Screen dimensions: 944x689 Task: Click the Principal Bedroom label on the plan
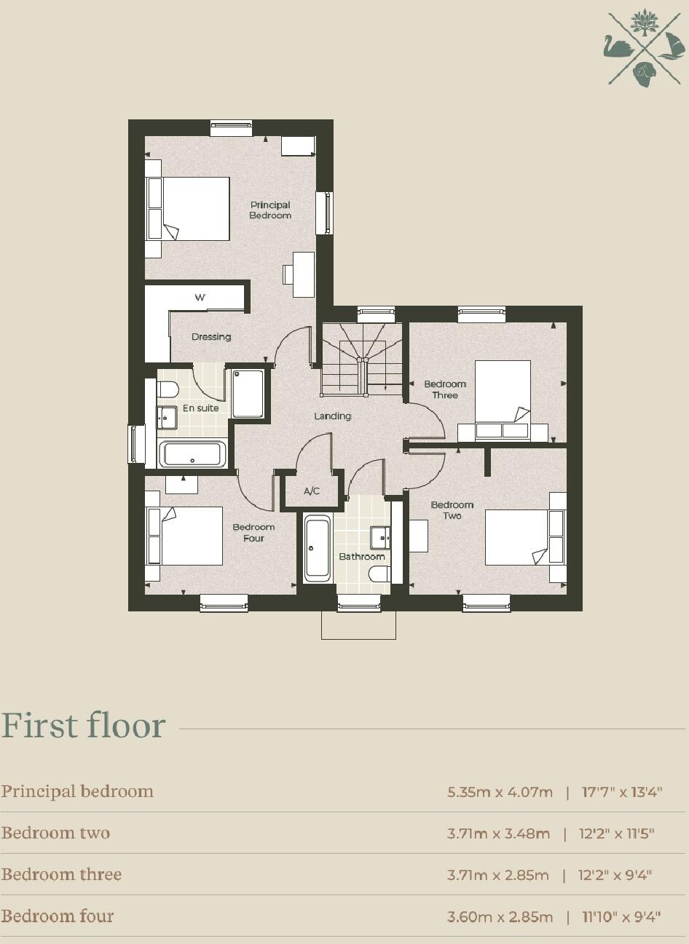pos(270,210)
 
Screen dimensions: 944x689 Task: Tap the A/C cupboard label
pos(312,491)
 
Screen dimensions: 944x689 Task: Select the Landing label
pos(332,416)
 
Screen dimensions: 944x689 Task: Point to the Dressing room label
pos(211,337)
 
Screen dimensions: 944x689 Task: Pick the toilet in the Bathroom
pos(379,574)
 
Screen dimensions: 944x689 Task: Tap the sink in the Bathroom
pos(380,537)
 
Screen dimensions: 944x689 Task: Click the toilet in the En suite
pos(168,389)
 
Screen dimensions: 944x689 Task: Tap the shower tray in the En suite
pos(248,394)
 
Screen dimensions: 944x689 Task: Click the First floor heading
pos(84,726)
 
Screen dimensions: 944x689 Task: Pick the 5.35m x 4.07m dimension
pos(500,792)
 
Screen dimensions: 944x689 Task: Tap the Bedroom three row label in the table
pos(61,874)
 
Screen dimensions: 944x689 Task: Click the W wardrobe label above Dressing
pos(200,298)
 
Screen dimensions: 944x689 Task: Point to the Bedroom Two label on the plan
pos(452,510)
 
